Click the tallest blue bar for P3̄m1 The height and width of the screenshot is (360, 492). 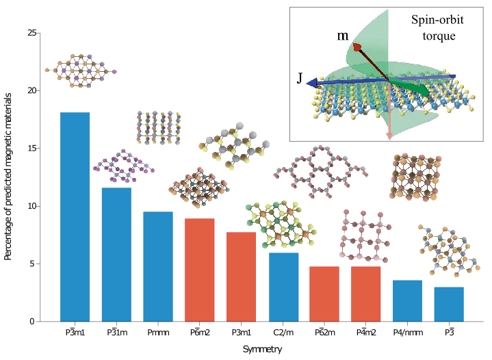coord(75,217)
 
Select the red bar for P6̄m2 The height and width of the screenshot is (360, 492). coord(200,270)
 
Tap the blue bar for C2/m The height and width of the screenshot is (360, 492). coord(284,287)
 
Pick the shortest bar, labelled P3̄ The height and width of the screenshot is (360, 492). coord(449,305)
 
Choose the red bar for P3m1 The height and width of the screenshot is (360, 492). coord(241,277)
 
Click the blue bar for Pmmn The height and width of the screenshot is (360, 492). coord(158,267)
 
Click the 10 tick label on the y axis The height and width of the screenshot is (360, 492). coord(32,206)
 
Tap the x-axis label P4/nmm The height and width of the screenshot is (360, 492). coord(408,333)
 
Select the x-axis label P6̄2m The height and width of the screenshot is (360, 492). coord(325,332)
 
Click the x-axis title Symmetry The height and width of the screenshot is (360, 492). coord(262,349)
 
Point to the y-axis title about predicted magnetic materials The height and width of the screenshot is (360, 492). coord(8,177)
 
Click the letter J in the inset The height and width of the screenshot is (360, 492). coord(300,78)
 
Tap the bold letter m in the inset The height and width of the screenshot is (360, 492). coord(343,36)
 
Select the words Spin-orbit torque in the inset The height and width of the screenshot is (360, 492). coord(438,27)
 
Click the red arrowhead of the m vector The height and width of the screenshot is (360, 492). coord(357,47)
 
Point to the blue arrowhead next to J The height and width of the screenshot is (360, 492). coord(311,83)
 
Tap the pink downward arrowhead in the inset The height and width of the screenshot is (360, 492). coord(389,136)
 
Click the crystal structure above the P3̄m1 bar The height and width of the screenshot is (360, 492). coord(81,70)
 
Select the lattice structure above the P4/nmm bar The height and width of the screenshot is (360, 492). coord(415,177)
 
